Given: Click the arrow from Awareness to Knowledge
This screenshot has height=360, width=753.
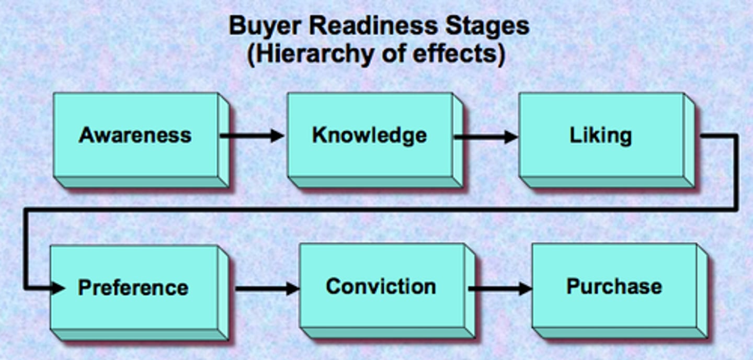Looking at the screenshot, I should [x=251, y=136].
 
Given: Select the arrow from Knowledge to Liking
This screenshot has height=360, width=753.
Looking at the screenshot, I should [x=485, y=137].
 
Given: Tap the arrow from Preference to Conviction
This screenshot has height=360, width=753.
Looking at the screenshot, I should [x=267, y=288].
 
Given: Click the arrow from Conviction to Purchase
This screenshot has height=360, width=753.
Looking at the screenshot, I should [x=499, y=288].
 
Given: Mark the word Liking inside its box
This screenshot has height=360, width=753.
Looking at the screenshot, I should [x=600, y=136].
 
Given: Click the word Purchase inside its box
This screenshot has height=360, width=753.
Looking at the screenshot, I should [x=614, y=287].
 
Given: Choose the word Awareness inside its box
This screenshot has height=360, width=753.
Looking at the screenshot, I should [x=135, y=135].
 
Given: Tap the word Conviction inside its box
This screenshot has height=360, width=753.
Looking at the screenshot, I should [x=381, y=287].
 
